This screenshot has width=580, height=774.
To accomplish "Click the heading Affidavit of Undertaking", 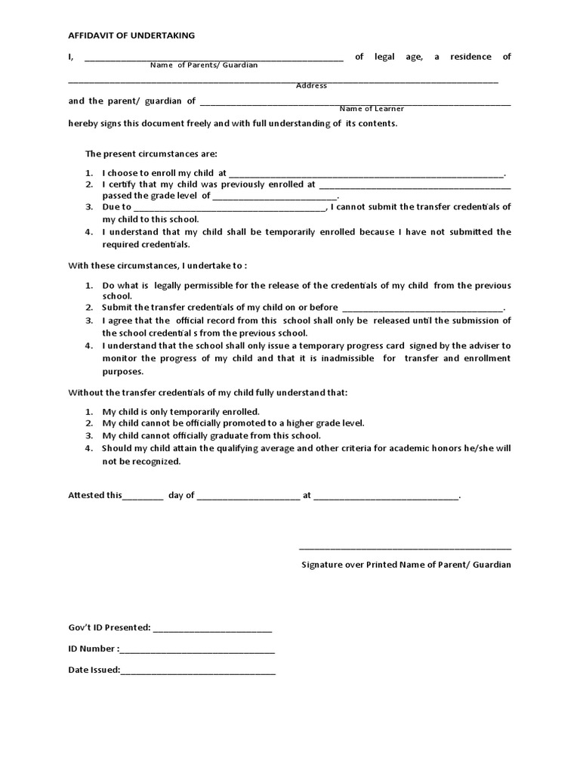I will click(x=131, y=35).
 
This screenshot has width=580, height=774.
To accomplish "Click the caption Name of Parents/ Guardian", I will click(x=203, y=65).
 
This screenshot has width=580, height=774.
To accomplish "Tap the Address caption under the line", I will click(x=311, y=85).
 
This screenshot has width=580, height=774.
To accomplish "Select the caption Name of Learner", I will click(x=372, y=108).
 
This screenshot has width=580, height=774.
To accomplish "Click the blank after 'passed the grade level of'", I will click(x=275, y=196).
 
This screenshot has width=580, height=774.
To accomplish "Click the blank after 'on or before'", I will click(x=422, y=308).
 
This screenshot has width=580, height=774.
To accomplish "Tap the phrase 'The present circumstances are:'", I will click(x=151, y=153).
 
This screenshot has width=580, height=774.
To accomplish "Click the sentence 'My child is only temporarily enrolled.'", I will click(x=181, y=412).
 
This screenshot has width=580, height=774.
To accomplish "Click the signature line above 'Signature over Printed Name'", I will click(x=405, y=548).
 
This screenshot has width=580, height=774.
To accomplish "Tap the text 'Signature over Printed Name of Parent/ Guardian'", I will click(x=406, y=565).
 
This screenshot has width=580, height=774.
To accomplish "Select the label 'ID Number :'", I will click(x=93, y=649).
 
